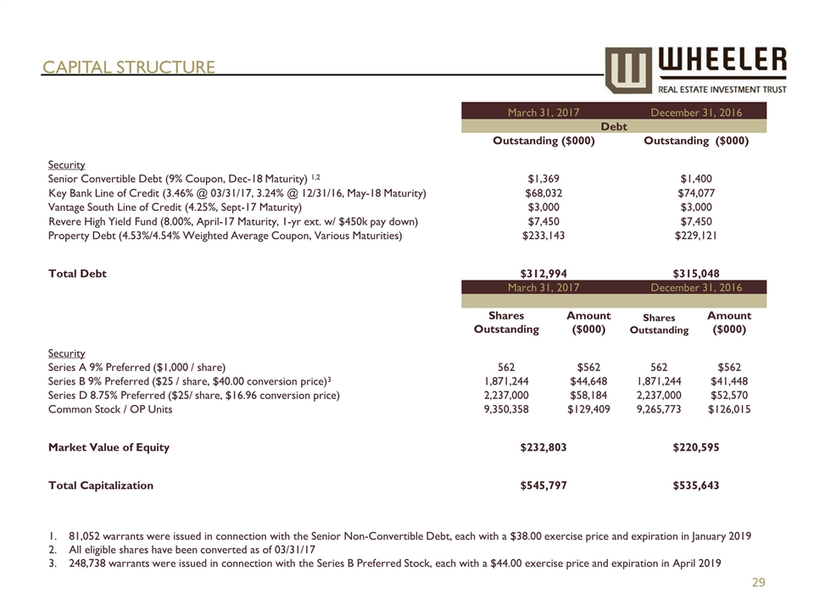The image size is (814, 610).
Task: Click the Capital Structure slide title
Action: (129, 67)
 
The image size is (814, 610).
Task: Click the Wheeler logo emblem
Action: (628, 69)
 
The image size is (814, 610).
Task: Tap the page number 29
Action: (759, 582)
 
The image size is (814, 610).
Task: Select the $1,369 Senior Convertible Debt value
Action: (543, 178)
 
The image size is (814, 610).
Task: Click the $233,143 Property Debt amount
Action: (543, 236)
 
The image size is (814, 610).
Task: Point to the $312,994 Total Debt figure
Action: (543, 274)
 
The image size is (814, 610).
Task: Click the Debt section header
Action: (613, 125)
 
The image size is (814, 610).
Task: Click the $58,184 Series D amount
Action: (588, 395)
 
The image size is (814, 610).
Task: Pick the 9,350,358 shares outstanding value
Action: (505, 409)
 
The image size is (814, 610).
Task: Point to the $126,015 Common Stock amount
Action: (729, 409)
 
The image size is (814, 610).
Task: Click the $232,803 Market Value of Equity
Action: (543, 447)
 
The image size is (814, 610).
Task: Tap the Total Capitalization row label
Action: (101, 485)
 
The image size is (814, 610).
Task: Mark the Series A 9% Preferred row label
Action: (137, 367)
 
